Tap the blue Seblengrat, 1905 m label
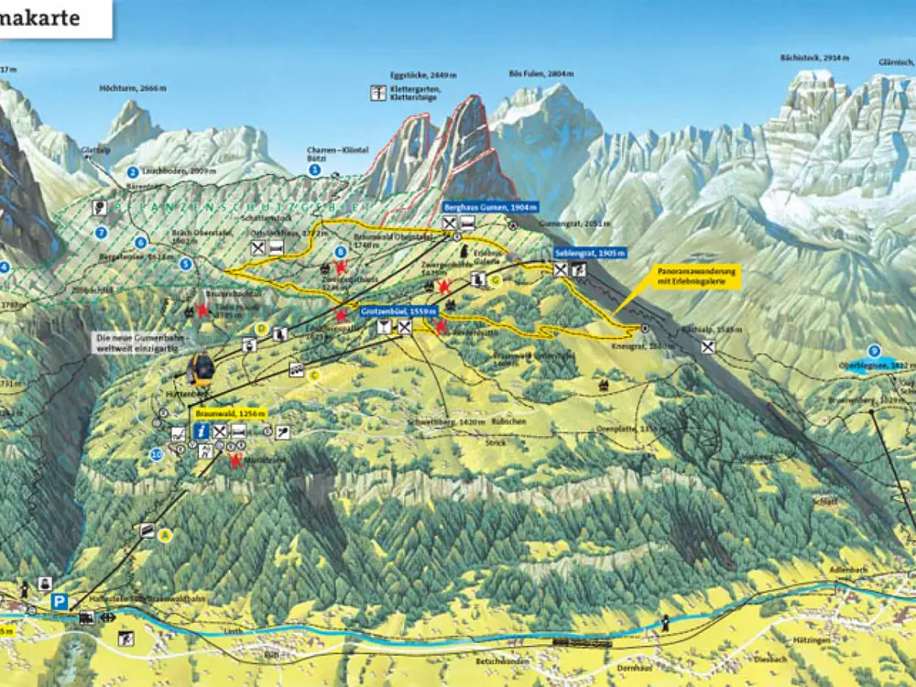[590, 253]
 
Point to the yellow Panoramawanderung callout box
[697, 277]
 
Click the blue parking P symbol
[60, 602]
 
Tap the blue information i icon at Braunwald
[201, 431]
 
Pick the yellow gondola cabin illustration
[201, 369]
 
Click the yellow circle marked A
[166, 535]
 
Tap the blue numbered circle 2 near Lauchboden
[133, 172]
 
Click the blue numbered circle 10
[157, 454]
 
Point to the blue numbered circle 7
[102, 233]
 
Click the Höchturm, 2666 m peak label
[134, 89]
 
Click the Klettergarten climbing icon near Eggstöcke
[378, 93]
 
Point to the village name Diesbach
[770, 659]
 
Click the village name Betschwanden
[502, 660]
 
